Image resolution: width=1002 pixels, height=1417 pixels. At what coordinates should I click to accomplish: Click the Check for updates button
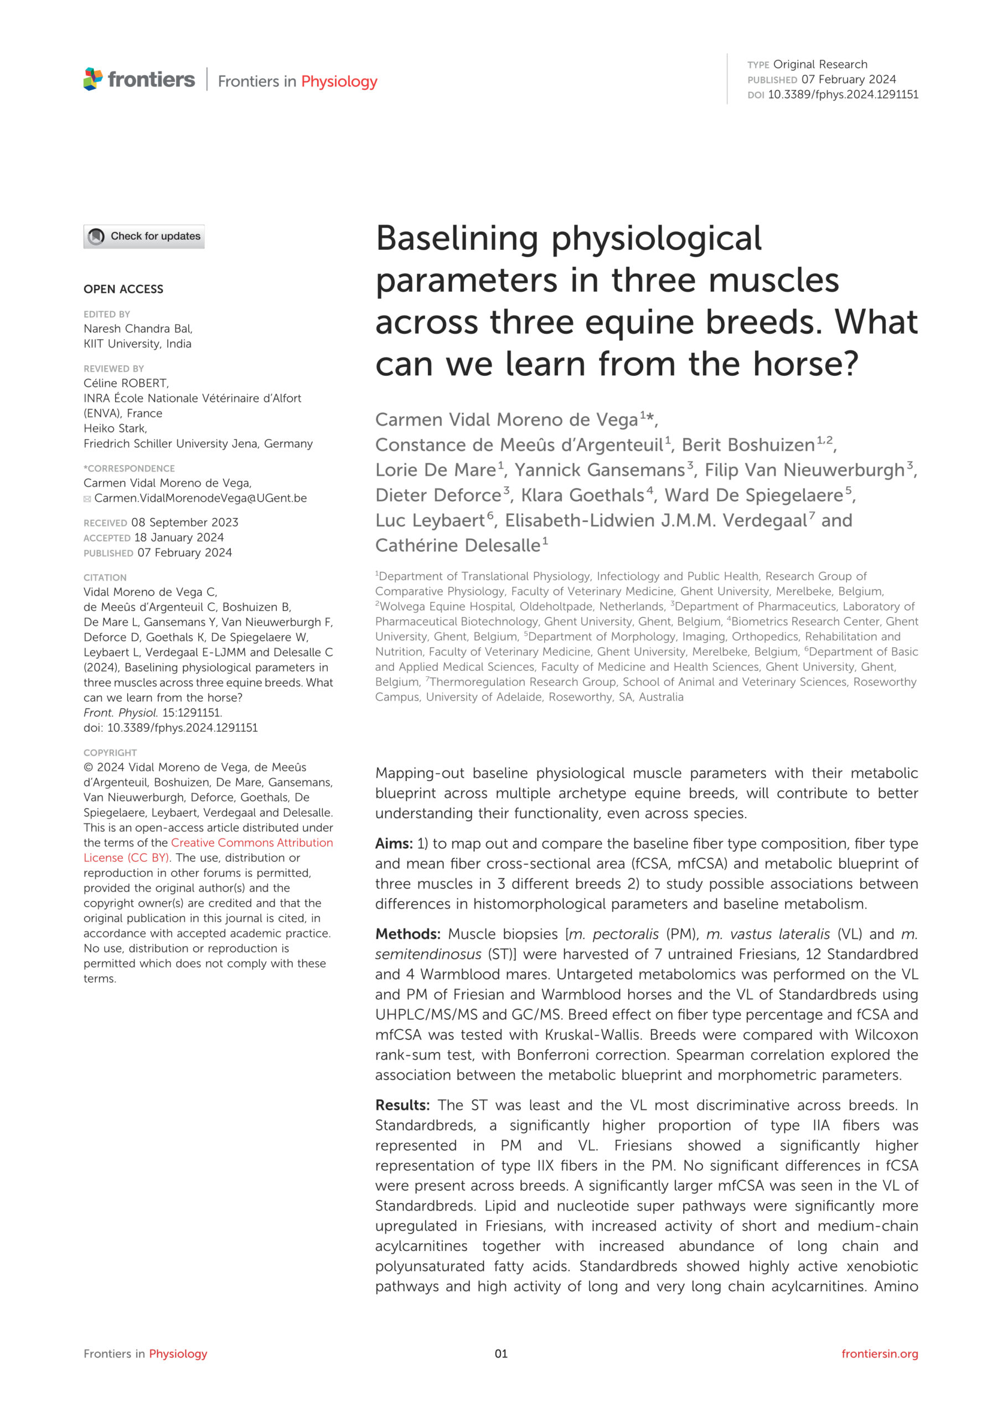(x=144, y=236)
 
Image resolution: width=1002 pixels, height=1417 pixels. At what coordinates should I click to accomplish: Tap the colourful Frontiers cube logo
(x=92, y=79)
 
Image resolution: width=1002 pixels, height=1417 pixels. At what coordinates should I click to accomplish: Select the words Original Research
(x=820, y=64)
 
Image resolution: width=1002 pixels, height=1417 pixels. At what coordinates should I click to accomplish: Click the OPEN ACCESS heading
(x=123, y=289)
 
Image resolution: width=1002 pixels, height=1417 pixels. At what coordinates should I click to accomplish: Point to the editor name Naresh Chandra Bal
(x=137, y=328)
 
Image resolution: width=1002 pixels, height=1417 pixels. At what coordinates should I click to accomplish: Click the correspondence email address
(x=200, y=498)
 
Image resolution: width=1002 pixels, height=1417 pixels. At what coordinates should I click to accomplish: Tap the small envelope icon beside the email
(x=87, y=499)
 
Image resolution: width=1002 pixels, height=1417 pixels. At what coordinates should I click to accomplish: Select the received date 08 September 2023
(x=184, y=522)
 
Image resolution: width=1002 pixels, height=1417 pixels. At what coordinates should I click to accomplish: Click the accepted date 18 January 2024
(x=179, y=537)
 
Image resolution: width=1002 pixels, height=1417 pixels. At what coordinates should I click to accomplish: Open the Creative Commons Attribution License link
(x=251, y=843)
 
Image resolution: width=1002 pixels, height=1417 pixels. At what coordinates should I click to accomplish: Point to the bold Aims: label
(x=393, y=844)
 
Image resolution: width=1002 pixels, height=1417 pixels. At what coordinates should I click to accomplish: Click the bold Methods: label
(x=407, y=934)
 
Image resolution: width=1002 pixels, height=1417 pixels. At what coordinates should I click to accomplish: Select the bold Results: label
(x=402, y=1105)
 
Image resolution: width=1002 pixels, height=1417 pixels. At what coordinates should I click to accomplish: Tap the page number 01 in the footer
(x=500, y=1353)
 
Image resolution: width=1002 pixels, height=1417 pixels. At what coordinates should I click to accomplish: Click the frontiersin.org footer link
(x=879, y=1353)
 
